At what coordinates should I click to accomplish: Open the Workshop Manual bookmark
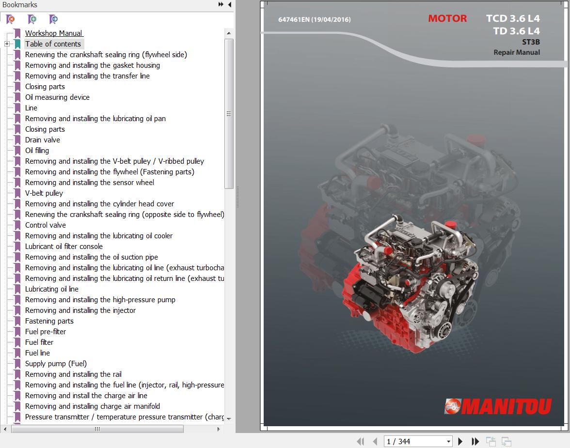(x=53, y=33)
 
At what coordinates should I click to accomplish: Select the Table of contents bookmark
(x=53, y=44)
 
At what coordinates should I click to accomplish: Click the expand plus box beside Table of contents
(x=7, y=44)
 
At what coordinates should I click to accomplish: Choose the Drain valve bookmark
(x=43, y=140)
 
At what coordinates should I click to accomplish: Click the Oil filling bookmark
(x=37, y=151)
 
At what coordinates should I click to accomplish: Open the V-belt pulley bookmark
(x=44, y=193)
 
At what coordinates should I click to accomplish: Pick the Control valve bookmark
(x=46, y=225)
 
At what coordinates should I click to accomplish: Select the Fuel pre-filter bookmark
(x=46, y=332)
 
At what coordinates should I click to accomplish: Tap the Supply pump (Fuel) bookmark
(x=56, y=364)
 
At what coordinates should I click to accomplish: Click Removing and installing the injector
(x=80, y=310)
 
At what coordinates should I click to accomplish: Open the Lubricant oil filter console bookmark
(x=64, y=247)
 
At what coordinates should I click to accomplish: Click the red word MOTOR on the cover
(x=447, y=18)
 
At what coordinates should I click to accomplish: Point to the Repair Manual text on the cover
(x=517, y=52)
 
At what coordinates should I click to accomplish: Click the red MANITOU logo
(x=498, y=406)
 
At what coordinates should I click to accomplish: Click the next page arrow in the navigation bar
(x=460, y=441)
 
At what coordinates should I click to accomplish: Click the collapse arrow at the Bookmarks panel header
(x=230, y=4)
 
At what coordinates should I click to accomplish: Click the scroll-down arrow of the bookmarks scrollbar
(x=229, y=419)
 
